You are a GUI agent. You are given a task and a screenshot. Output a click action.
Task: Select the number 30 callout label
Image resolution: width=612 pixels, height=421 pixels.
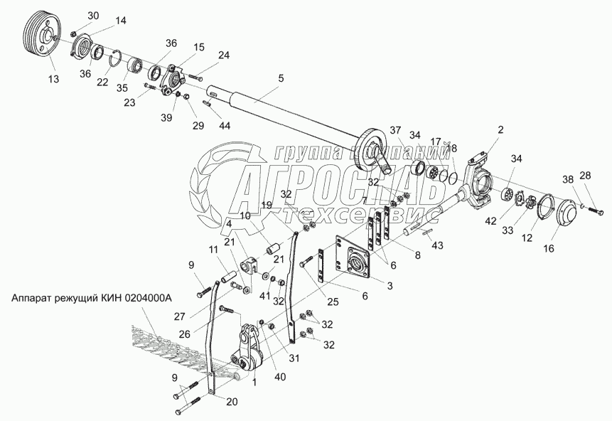94,16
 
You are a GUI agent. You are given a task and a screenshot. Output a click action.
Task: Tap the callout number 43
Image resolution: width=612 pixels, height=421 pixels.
438,245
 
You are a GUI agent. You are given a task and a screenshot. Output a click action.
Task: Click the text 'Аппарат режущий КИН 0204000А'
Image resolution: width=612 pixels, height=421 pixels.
92,299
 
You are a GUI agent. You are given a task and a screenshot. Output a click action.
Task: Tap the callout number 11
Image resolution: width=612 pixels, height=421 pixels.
214,250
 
